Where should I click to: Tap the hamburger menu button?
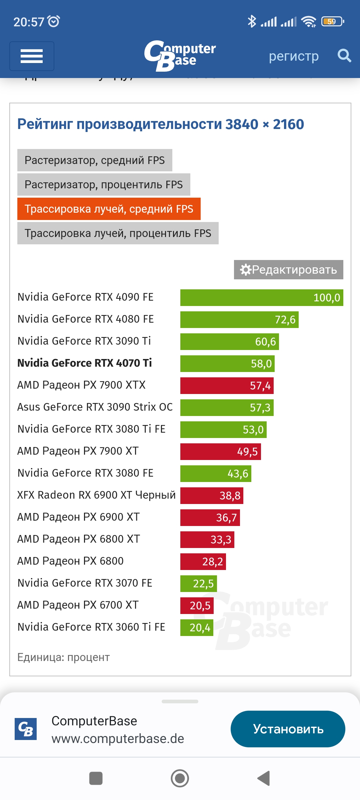coord(32,56)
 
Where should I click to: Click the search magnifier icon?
coord(344,56)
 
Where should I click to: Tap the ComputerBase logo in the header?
coord(180,55)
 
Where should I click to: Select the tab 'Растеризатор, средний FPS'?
coord(95,160)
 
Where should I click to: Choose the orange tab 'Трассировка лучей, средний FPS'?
coord(109,209)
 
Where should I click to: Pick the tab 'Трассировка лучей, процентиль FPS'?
coord(118,233)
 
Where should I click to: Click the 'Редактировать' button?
coord(288,270)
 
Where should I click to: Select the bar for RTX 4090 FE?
coord(262,298)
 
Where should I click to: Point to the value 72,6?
coord(285,320)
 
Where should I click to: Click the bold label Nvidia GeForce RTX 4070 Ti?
coord(85,363)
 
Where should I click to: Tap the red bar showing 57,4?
coord(227,386)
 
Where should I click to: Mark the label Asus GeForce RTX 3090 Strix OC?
coord(95,407)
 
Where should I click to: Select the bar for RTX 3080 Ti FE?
coord(223,430)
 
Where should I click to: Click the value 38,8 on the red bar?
coord(230,496)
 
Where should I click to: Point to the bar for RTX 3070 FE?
coord(199,584)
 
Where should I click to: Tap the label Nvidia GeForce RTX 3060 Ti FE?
coord(91,627)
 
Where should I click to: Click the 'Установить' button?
coord(288,729)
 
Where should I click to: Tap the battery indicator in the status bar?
coord(332,22)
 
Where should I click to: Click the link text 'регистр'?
coord(294,56)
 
